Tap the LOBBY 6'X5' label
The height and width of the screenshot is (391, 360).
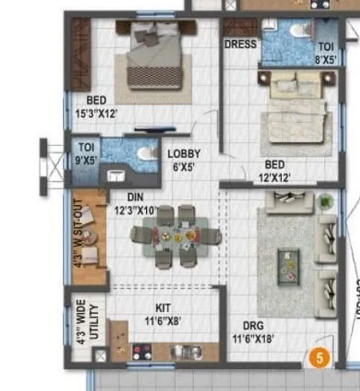click(x=184, y=160)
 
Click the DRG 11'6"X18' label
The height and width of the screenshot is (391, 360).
click(x=251, y=331)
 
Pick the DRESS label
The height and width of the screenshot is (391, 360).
click(x=239, y=45)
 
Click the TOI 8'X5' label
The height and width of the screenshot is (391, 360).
click(x=327, y=53)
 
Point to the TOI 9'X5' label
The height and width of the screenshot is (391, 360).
click(x=85, y=152)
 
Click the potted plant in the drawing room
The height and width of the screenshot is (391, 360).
click(x=326, y=203)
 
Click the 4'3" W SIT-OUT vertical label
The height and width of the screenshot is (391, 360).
click(x=78, y=227)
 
